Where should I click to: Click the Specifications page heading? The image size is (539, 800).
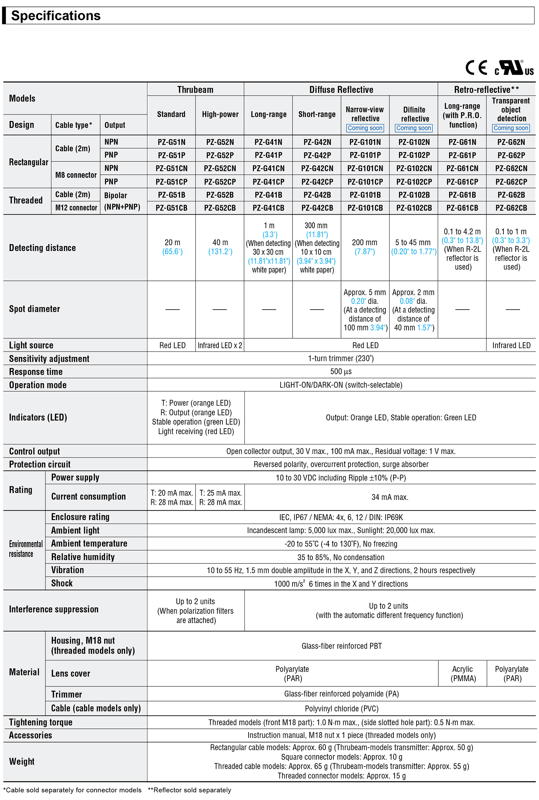tap(56, 16)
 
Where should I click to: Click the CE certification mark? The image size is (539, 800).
tap(476, 68)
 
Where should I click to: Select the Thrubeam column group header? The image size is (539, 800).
tap(195, 90)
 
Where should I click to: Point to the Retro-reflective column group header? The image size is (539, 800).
tap(486, 90)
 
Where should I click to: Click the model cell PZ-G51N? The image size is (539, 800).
tap(171, 142)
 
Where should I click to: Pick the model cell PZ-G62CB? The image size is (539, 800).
tap(511, 208)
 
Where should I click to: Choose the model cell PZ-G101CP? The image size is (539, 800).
tap(365, 182)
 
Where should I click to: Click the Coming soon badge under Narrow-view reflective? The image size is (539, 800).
tap(365, 128)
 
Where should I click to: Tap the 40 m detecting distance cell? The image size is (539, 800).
tap(220, 247)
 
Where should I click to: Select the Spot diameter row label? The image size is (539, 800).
tap(34, 309)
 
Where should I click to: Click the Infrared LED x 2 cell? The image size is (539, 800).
tap(220, 345)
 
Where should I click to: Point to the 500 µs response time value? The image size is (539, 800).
tap(341, 371)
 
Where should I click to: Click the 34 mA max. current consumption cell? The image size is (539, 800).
tap(390, 497)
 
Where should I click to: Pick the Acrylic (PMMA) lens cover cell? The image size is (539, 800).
tap(463, 673)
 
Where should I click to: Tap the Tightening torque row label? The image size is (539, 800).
tap(41, 722)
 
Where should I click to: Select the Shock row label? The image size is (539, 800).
tap(62, 583)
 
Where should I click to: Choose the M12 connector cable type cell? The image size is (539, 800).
tap(76, 208)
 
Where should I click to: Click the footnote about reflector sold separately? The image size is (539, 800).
tap(189, 790)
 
